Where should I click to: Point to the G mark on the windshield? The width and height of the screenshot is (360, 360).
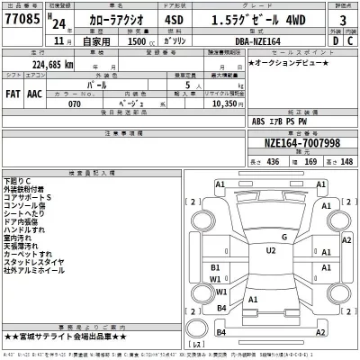point(283,237)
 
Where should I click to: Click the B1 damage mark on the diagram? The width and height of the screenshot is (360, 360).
point(215,267)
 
